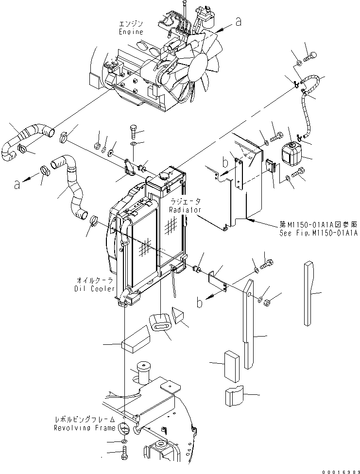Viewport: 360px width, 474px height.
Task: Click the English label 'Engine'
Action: click(x=131, y=32)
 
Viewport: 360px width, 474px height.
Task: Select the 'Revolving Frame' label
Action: click(x=85, y=428)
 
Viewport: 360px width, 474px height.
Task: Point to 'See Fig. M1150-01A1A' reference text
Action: click(x=318, y=233)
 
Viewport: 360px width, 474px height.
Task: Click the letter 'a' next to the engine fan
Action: click(x=238, y=21)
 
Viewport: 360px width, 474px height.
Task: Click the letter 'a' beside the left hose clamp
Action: click(x=17, y=184)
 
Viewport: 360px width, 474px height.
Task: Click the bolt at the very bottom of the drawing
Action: click(x=125, y=457)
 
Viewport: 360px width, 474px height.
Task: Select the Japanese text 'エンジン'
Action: click(x=131, y=23)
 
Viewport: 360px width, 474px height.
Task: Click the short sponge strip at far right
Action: click(x=310, y=293)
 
